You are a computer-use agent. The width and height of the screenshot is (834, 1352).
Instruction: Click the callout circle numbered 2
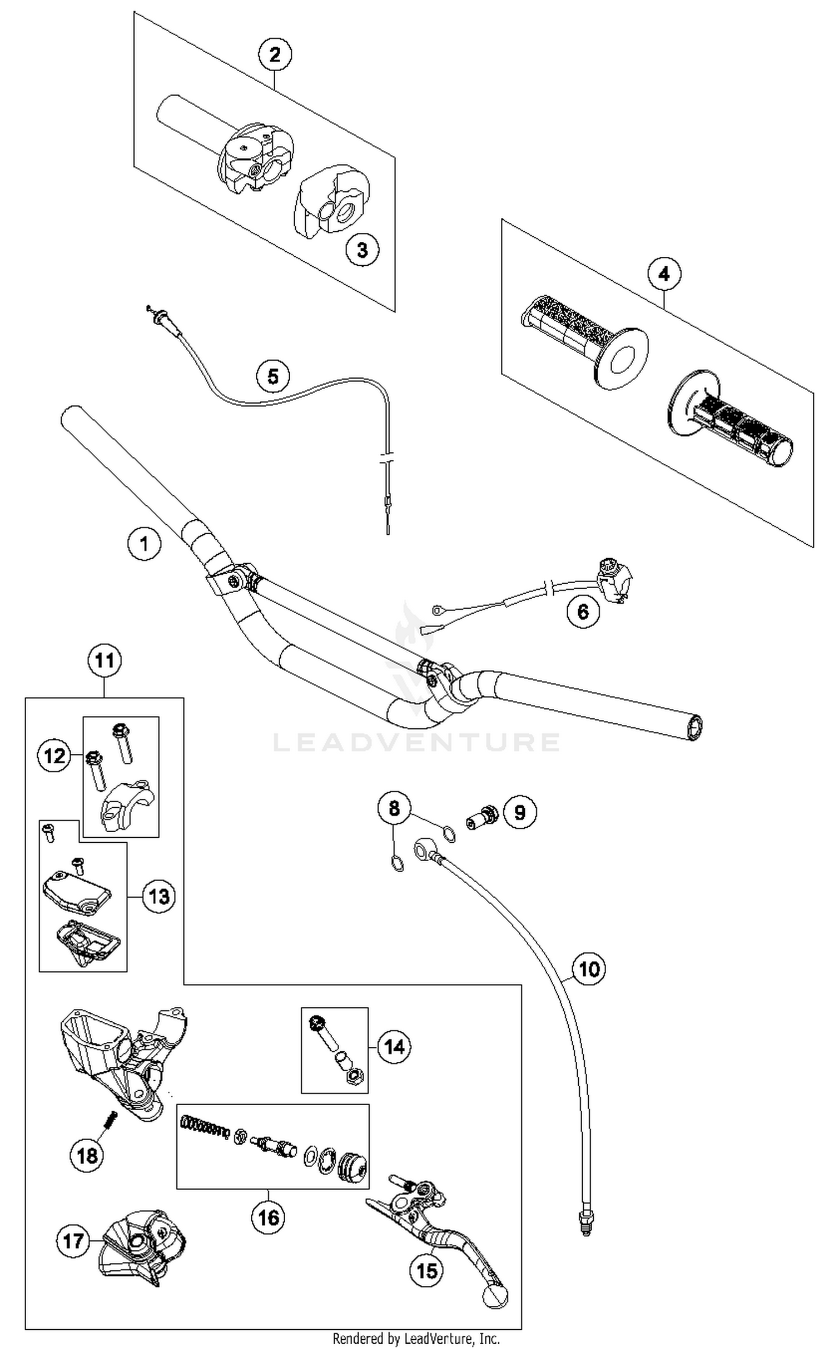[x=275, y=54]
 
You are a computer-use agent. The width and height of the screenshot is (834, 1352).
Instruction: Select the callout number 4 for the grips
[x=664, y=274]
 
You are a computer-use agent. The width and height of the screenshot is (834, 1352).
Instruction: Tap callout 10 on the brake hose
[x=589, y=969]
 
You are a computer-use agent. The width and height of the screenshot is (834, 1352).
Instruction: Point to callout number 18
[x=87, y=1156]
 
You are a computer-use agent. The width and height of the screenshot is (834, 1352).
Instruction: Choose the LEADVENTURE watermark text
[x=416, y=742]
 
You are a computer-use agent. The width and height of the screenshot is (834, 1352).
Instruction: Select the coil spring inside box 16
[x=205, y=1129]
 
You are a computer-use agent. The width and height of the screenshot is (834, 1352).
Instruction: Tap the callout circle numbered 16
[x=268, y=1218]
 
